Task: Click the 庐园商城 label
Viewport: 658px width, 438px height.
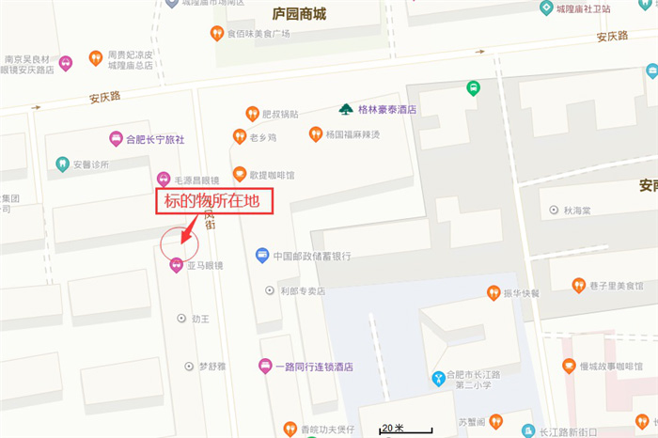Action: [299, 13]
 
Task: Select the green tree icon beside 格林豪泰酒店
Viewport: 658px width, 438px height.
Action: [346, 109]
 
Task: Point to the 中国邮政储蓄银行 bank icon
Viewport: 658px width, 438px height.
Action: [262, 256]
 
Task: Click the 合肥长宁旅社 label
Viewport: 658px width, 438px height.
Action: [155, 139]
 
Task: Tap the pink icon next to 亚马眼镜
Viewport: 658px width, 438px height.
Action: [176, 266]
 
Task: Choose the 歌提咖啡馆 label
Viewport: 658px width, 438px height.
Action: [272, 175]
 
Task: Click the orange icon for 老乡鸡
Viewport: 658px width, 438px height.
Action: [240, 137]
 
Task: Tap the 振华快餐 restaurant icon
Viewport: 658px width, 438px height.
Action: [493, 293]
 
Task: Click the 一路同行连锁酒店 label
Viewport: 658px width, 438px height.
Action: [314, 367]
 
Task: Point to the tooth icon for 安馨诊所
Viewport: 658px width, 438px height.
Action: [63, 164]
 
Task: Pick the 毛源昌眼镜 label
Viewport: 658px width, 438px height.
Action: [195, 180]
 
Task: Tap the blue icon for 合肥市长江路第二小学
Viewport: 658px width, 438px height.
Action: [437, 379]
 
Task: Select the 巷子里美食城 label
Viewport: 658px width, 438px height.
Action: [618, 285]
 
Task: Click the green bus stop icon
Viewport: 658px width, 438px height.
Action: [473, 88]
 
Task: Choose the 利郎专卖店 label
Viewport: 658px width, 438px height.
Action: [302, 291]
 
